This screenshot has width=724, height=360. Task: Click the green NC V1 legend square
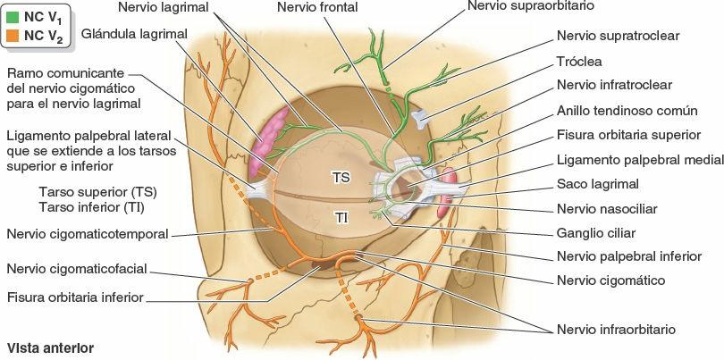pyautogui.click(x=13, y=16)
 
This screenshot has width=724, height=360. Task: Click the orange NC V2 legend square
pyautogui.click(x=13, y=36)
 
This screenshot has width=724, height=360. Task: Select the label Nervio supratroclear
pyautogui.click(x=618, y=38)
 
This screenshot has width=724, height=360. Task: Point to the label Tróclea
pyautogui.click(x=578, y=62)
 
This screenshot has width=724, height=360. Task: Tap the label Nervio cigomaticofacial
pyautogui.click(x=77, y=269)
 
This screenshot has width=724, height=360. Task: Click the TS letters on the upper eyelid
pyautogui.click(x=341, y=178)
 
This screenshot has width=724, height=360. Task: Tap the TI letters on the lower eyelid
pyautogui.click(x=341, y=217)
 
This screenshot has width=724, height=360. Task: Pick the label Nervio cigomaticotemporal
pyautogui.click(x=88, y=234)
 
